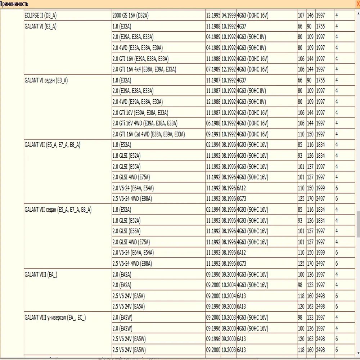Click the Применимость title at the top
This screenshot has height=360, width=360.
point(14,3)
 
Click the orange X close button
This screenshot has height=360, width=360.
point(357,3)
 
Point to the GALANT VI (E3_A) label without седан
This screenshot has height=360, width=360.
point(40,26)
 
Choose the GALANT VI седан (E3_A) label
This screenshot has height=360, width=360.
point(46,80)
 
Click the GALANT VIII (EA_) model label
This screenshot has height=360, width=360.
point(41,274)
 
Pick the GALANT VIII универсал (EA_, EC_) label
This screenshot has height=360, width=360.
point(55,318)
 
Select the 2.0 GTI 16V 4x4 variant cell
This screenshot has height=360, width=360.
point(144,69)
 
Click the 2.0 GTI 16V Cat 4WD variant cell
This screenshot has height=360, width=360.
point(148,134)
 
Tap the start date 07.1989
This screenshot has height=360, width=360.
point(213,69)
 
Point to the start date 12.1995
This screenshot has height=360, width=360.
point(213,16)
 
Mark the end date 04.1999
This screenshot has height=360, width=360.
point(229,16)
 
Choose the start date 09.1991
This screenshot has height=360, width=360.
point(213,134)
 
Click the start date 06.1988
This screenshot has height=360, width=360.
point(213,123)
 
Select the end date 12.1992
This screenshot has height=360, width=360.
point(229,69)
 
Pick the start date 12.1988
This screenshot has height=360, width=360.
point(213,102)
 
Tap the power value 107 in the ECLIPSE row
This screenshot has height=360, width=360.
point(301,16)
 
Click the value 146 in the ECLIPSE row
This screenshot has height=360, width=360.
point(310,16)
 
